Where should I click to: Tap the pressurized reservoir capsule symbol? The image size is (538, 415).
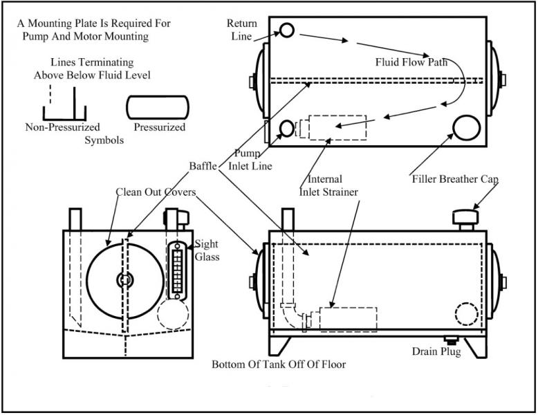157,107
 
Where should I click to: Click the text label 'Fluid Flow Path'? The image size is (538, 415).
411,62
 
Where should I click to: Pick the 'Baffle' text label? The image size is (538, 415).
204,166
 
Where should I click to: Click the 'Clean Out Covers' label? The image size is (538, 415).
157,192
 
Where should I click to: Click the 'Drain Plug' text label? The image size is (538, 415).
436,351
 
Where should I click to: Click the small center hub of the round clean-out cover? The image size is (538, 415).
124,280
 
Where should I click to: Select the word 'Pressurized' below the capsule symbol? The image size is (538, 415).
160,127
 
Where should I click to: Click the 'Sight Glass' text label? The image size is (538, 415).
207,250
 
